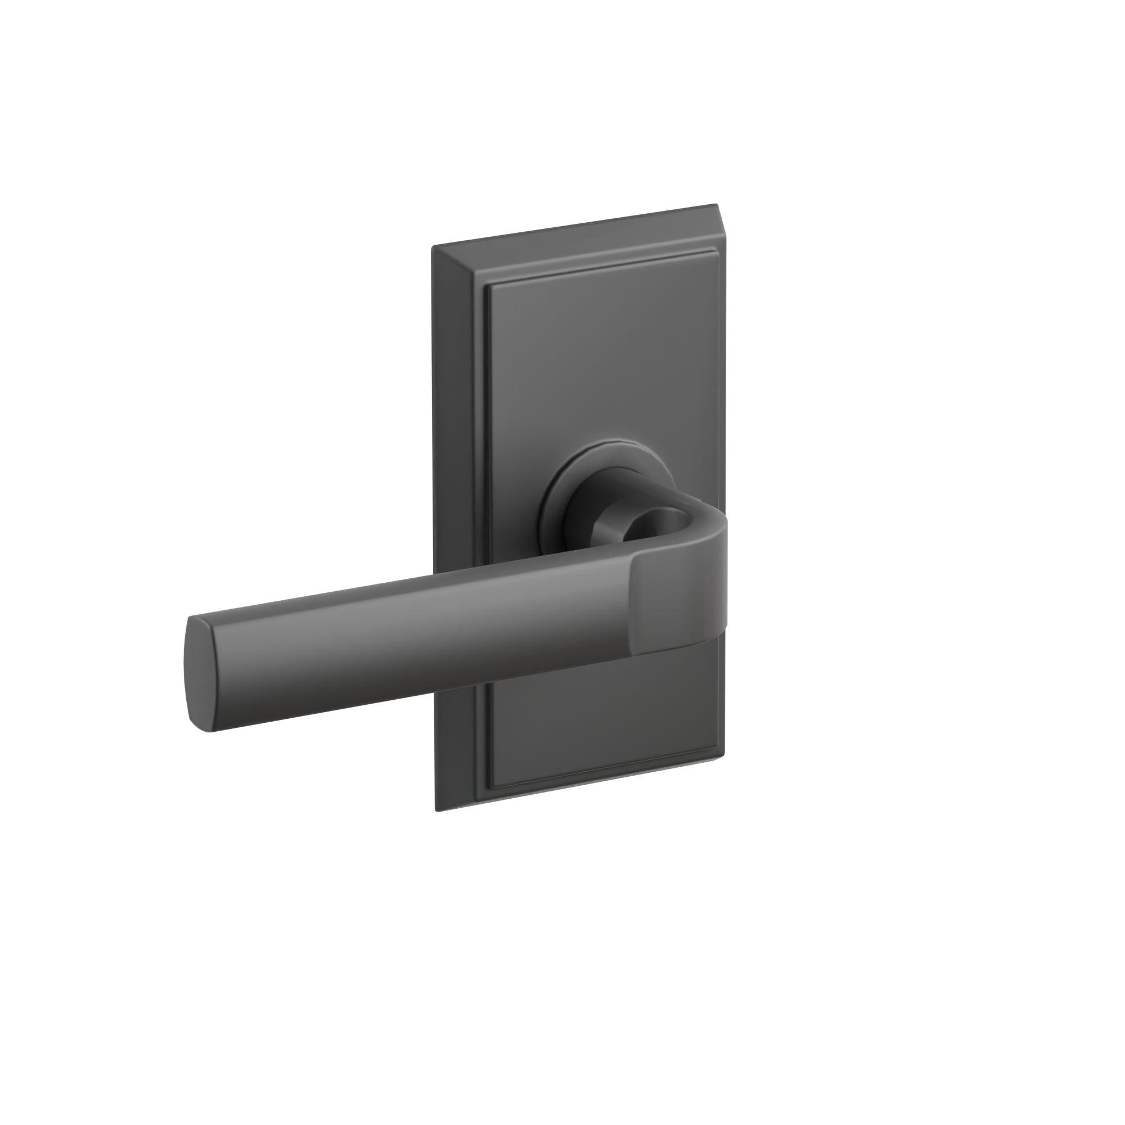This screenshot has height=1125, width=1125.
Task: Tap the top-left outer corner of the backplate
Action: click(433, 247)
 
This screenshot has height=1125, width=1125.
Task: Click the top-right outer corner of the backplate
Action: click(715, 205)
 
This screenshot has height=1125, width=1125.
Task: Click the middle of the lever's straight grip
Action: click(408, 641)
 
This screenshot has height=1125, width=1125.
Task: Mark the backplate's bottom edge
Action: click(582, 786)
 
